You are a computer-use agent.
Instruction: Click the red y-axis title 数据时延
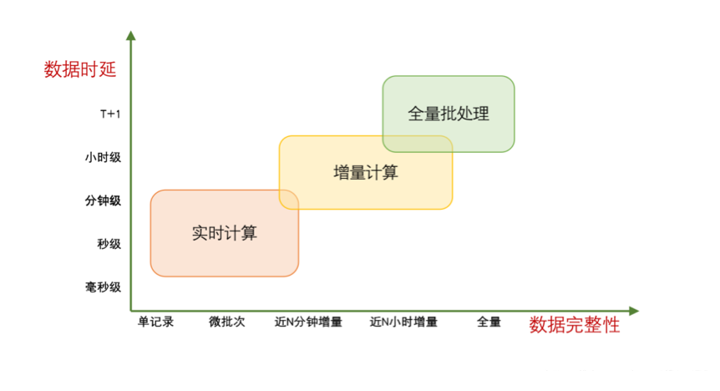coord(80,69)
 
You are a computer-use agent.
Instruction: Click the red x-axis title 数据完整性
coord(575,325)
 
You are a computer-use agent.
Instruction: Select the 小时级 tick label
coord(103,157)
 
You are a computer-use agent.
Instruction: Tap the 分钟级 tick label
coord(103,201)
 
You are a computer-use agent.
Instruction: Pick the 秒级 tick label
coord(109,244)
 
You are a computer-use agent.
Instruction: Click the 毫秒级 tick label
coord(103,287)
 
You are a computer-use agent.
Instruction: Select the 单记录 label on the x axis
coord(155,322)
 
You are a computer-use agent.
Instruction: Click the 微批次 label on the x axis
coord(226,322)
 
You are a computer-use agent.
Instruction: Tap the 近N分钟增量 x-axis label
coord(308,322)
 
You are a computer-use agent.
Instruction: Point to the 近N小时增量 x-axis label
coord(403,322)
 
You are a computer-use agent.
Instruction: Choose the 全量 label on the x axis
coord(489,322)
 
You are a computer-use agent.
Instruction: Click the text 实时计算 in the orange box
coord(224,233)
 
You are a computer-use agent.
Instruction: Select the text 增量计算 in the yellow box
coord(365,172)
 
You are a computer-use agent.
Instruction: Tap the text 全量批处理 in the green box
coord(448,114)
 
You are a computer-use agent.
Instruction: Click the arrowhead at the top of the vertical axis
coord(130,35)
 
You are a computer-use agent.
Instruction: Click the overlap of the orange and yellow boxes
coord(289,200)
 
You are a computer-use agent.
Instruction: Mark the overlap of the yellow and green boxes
coord(418,144)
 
